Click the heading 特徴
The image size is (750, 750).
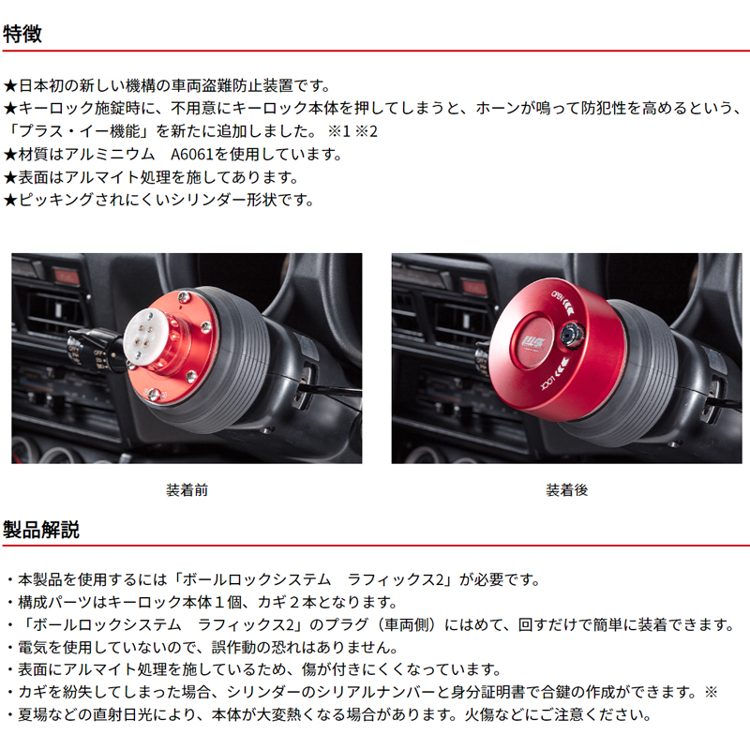[x=22, y=35]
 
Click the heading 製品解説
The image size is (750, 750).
[x=41, y=529]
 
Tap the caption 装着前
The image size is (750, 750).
[x=186, y=489]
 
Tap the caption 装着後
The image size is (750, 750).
[x=566, y=489]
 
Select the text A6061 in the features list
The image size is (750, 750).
[x=196, y=154]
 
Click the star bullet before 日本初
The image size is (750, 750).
[x=10, y=85]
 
